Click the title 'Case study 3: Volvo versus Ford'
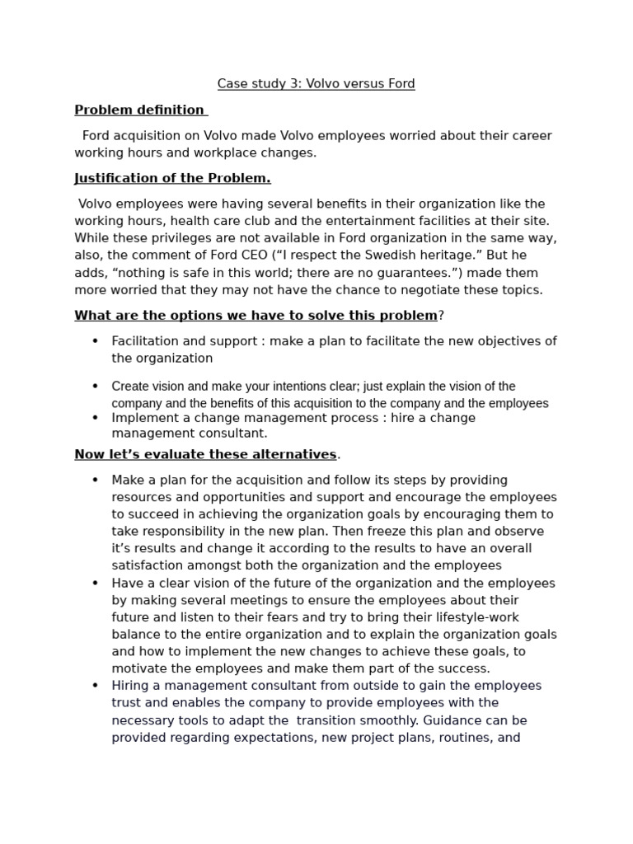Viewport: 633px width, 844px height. coord(316,83)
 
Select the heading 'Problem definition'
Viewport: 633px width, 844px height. coord(139,110)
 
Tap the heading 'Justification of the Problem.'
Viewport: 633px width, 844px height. coord(172,178)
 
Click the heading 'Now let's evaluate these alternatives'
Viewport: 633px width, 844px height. coord(205,454)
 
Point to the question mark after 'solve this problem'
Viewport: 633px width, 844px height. coord(441,316)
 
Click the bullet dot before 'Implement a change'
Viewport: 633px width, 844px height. coord(95,418)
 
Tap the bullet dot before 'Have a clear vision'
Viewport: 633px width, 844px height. coord(95,584)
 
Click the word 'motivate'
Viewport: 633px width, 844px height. coord(138,668)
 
